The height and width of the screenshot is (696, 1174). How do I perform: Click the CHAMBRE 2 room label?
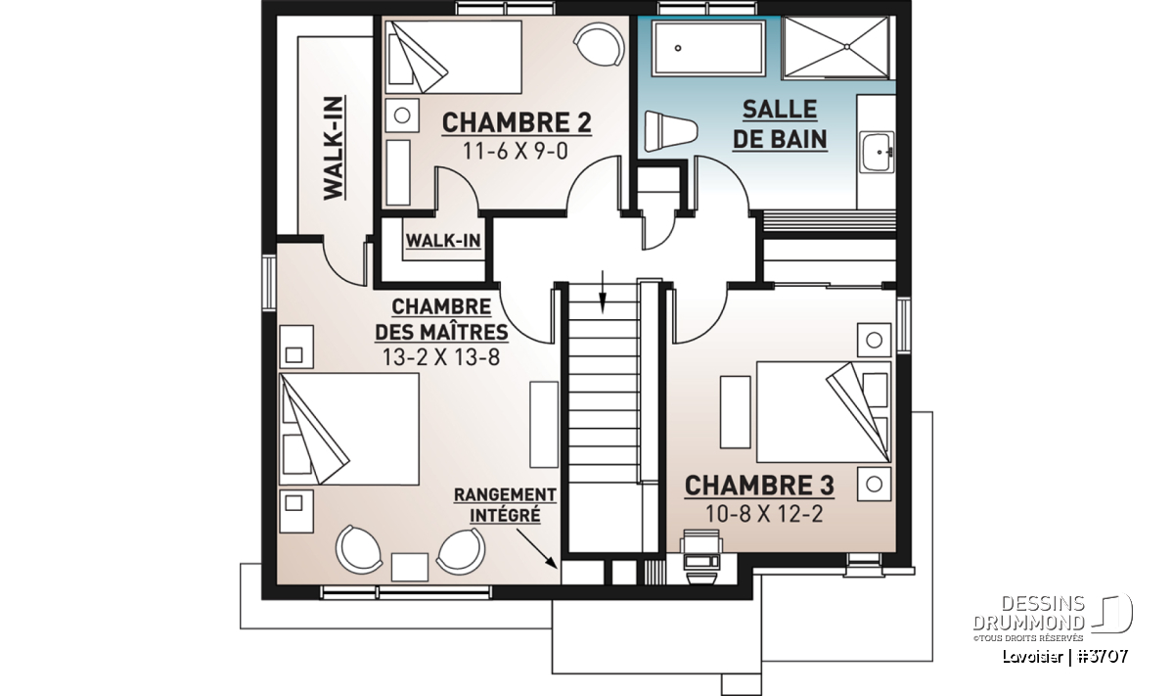(517, 123)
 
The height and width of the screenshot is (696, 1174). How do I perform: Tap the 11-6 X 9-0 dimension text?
(516, 152)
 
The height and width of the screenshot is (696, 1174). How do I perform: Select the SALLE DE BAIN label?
(780, 125)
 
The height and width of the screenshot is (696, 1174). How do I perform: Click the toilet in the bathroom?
(671, 131)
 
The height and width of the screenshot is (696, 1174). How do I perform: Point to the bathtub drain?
(678, 48)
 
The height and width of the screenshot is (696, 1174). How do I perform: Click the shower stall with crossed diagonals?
(835, 48)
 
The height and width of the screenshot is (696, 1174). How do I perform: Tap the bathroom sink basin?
(877, 152)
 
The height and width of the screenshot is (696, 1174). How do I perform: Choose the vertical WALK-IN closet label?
(333, 148)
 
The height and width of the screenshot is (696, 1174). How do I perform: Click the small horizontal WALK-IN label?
(443, 241)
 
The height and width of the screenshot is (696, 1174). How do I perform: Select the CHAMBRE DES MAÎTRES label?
(441, 320)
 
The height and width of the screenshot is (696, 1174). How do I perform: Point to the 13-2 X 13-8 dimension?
(441, 357)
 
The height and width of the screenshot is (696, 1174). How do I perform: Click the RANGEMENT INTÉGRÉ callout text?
(505, 505)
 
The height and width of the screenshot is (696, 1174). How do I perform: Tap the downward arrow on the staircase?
(603, 292)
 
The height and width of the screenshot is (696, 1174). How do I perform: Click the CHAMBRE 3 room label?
(759, 486)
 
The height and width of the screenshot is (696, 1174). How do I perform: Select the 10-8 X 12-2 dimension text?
(764, 514)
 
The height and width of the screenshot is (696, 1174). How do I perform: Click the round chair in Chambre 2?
(599, 44)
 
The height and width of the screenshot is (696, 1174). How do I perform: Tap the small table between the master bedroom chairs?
(410, 567)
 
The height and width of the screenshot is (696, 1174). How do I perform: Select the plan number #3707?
(1103, 657)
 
